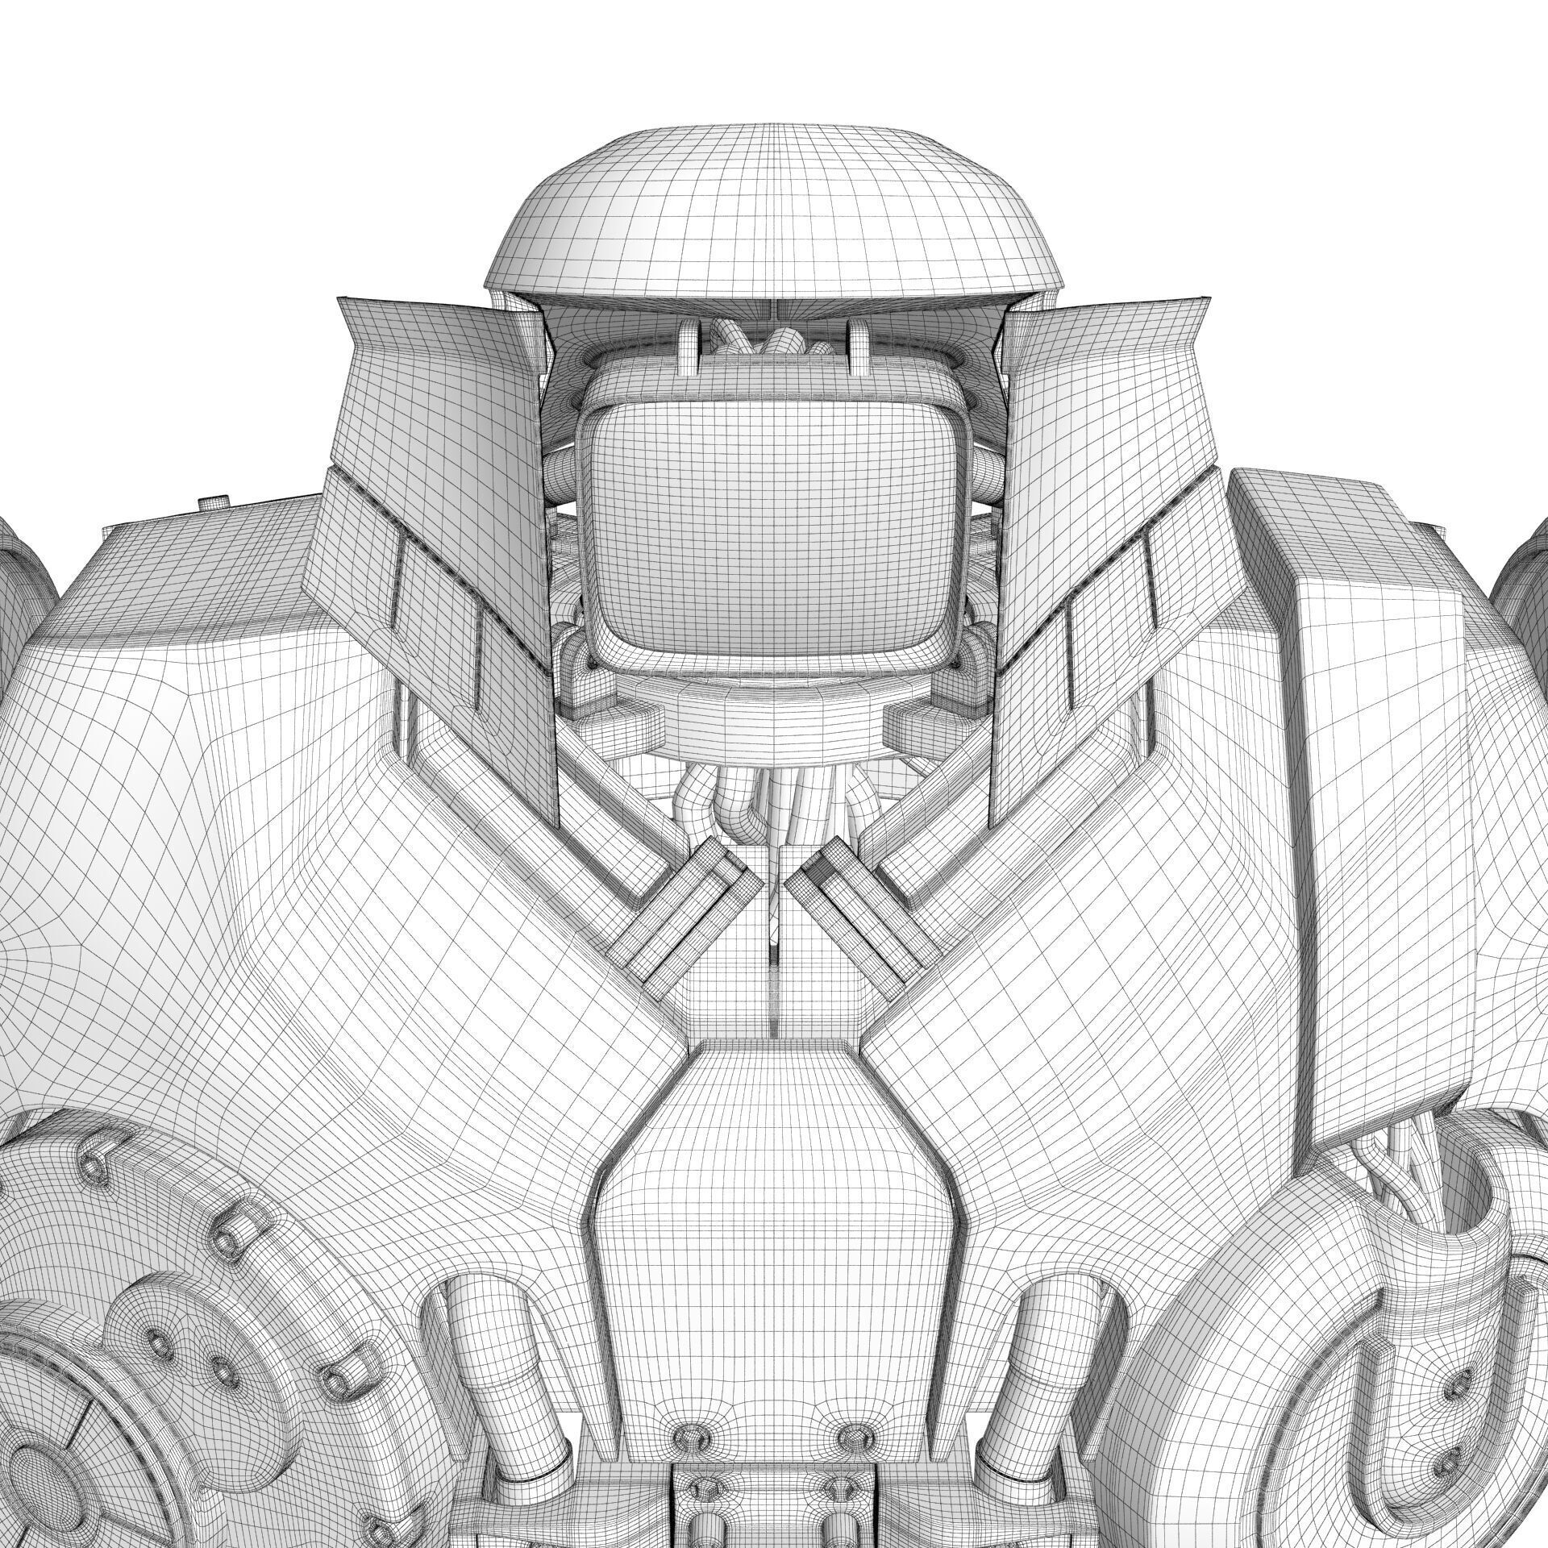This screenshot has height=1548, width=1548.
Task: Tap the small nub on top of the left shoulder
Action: point(214,502)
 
